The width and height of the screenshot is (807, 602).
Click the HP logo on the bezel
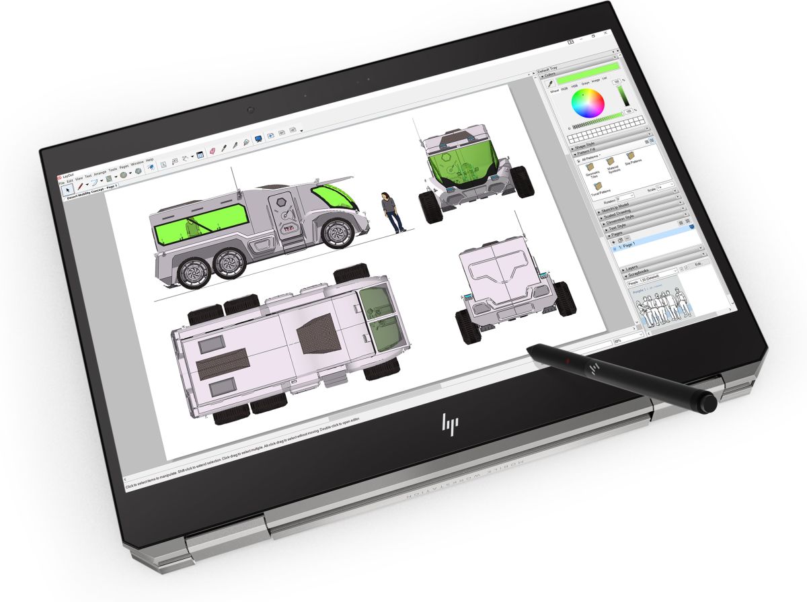click(449, 423)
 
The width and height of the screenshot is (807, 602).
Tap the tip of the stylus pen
click(530, 347)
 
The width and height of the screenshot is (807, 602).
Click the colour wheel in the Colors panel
click(587, 102)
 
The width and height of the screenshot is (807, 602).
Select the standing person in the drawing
click(389, 211)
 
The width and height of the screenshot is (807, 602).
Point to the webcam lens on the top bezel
click(250, 110)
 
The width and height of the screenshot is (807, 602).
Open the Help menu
click(149, 161)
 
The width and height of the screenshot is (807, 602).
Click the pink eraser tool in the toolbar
click(211, 152)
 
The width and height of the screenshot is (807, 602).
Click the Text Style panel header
click(625, 228)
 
